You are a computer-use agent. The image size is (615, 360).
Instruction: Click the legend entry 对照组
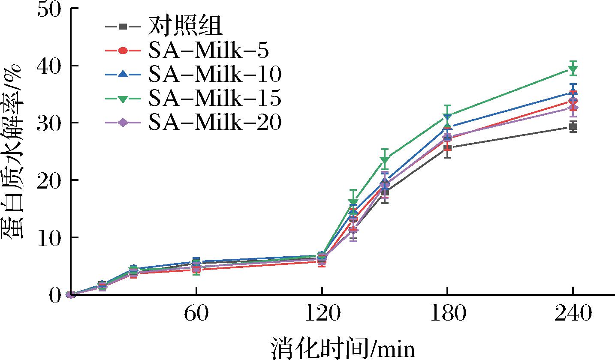pyautogui.click(x=185, y=27)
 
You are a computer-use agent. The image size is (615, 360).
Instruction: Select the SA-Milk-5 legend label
pyautogui.click(x=208, y=51)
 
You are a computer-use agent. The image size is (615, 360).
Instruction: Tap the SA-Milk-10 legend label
pyautogui.click(x=215, y=75)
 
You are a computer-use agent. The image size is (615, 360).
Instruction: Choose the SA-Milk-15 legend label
pyautogui.click(x=215, y=99)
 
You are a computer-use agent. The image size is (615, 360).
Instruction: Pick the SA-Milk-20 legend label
pyautogui.click(x=215, y=123)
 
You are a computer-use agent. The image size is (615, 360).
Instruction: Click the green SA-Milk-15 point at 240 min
pyautogui.click(x=573, y=69)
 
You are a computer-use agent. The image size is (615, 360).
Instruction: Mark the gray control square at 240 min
pyautogui.click(x=573, y=126)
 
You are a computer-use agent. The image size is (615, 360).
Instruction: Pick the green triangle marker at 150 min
pyautogui.click(x=385, y=160)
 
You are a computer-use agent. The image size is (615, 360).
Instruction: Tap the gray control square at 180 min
pyautogui.click(x=447, y=148)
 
